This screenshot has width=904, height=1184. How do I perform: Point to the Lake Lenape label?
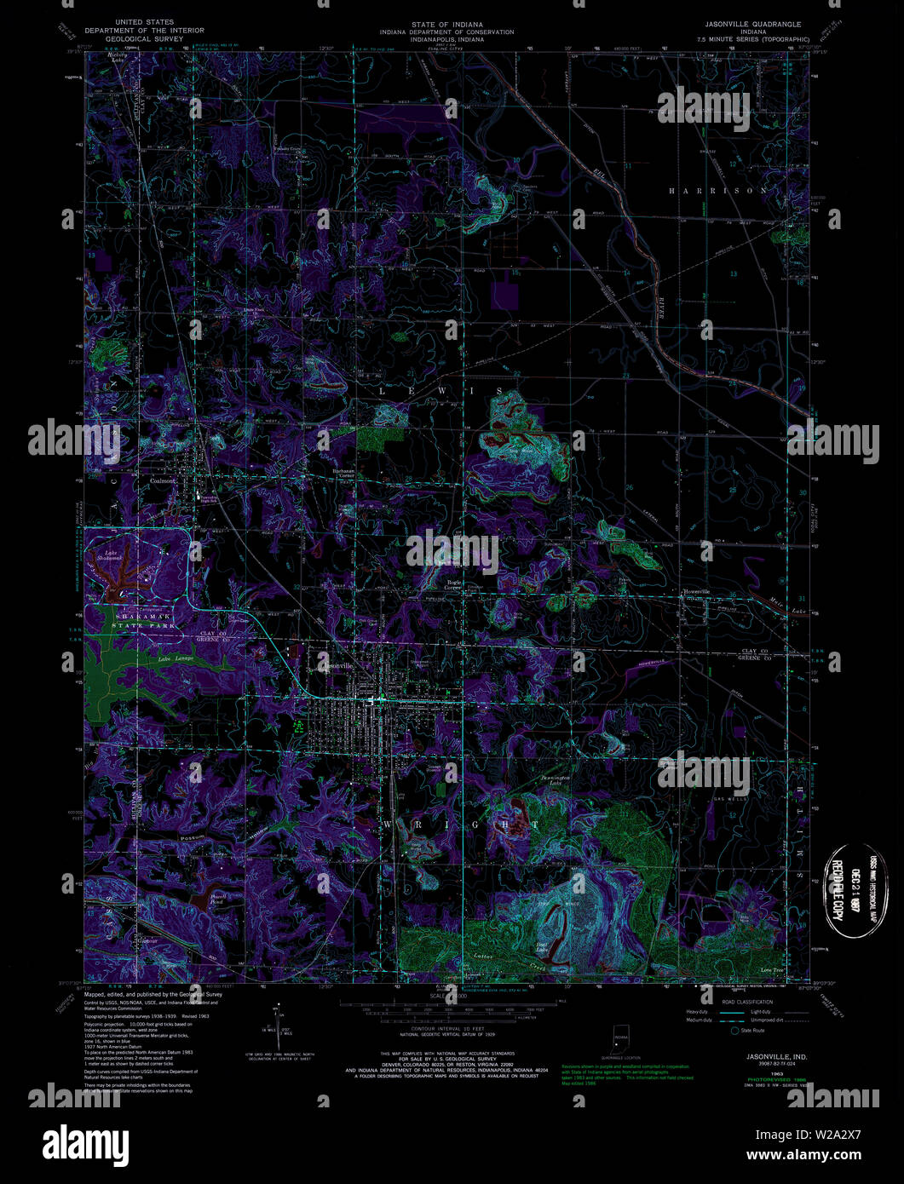pos(176,658)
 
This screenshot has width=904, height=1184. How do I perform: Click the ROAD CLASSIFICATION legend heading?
pos(747,1002)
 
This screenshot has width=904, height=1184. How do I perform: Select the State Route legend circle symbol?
pos(734,1030)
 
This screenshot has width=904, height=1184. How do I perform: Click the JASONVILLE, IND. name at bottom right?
pos(752,1055)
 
